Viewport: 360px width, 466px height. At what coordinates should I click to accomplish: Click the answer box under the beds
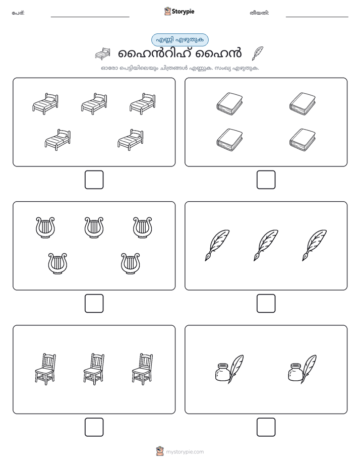coord(94,180)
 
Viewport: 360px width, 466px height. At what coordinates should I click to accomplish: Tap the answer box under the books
coord(266,180)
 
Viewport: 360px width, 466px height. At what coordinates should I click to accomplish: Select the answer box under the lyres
coord(94,303)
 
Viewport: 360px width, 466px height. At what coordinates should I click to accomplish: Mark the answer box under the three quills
coord(266,303)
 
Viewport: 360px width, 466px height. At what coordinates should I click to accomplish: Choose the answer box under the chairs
coord(94,427)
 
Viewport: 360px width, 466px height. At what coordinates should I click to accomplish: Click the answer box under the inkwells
coord(266,427)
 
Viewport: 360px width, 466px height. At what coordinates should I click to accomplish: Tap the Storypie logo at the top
coord(179,11)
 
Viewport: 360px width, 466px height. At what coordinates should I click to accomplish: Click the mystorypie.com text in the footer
coord(185,452)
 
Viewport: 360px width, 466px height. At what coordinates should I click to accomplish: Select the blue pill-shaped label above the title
coord(179,40)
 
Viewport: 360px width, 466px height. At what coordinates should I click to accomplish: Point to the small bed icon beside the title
coord(102,53)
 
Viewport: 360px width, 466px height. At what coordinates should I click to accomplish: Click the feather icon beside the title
coord(257,53)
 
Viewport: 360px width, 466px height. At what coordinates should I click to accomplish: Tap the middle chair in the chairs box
coord(94,369)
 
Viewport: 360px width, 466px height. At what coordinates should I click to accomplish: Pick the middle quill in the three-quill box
coord(266,245)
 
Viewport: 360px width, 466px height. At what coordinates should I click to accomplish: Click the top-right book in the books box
coord(303,103)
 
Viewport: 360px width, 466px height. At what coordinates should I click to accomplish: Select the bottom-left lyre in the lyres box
coord(57,264)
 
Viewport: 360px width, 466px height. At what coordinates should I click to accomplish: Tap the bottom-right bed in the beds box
coord(131,139)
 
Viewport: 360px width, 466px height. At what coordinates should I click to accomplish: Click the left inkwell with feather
coord(229,369)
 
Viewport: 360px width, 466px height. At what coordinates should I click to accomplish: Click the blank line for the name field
coord(90,17)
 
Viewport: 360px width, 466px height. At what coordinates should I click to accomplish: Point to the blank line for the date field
coord(317,17)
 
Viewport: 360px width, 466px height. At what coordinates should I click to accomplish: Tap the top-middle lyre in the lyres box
coord(94,227)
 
